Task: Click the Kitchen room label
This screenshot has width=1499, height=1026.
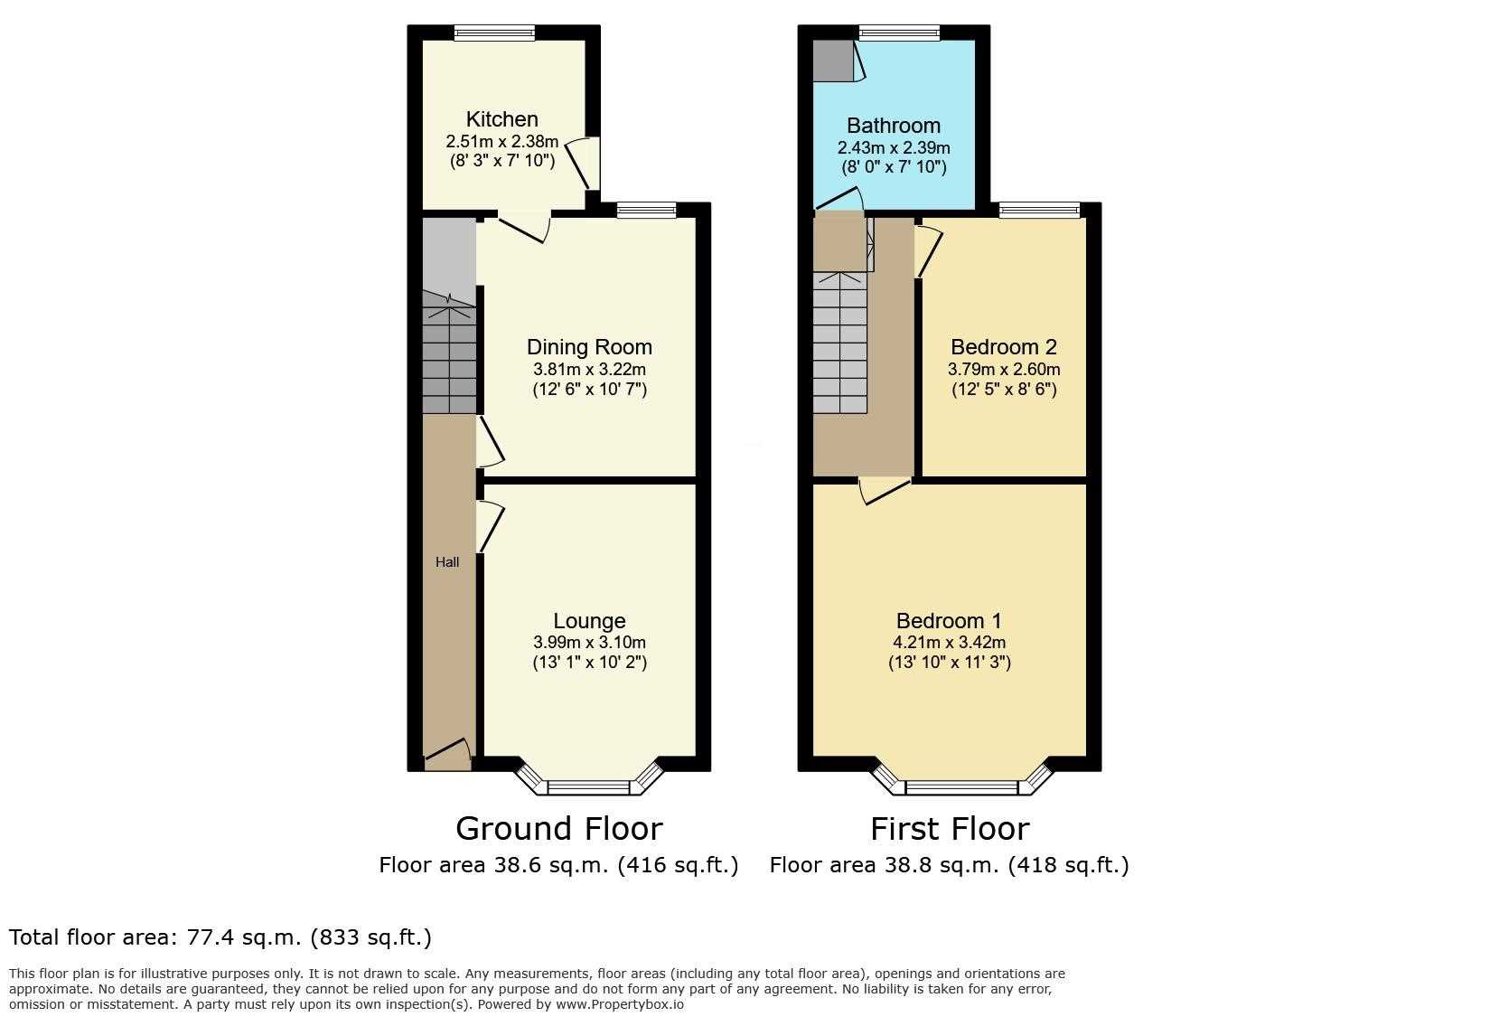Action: [x=501, y=119]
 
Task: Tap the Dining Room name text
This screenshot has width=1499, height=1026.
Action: [x=589, y=347]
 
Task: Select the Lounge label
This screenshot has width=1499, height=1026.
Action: [x=589, y=621]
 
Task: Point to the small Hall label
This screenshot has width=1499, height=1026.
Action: [x=447, y=562]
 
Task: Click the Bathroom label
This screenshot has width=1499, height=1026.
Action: [x=894, y=126]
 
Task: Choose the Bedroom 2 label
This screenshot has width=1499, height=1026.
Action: [x=1003, y=347]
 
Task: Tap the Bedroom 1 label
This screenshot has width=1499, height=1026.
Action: [x=949, y=621]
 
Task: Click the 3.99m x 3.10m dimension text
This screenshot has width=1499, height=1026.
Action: [x=589, y=643]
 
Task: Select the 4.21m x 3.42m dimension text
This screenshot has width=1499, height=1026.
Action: [x=949, y=643]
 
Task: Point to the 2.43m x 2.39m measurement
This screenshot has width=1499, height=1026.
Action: [x=894, y=148]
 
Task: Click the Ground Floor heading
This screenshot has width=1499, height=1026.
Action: [x=558, y=828]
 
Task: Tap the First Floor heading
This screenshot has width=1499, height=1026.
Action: [x=950, y=828]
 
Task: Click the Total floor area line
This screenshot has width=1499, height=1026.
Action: [x=220, y=937]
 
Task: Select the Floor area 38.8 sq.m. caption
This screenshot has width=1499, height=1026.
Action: [x=949, y=865]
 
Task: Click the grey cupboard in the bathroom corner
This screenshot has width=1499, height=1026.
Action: [x=834, y=61]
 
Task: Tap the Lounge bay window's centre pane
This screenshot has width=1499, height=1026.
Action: [x=588, y=787]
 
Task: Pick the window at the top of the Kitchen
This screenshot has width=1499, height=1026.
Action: [x=494, y=33]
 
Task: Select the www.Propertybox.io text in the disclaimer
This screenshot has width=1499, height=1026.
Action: [x=620, y=1004]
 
